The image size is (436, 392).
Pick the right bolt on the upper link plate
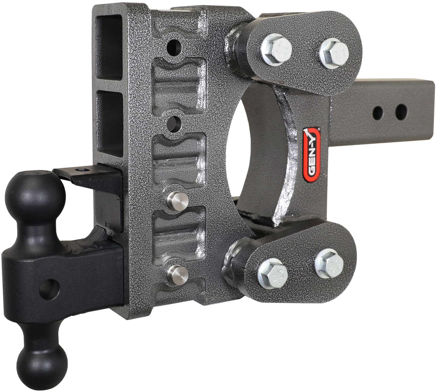click(x=334, y=50)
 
